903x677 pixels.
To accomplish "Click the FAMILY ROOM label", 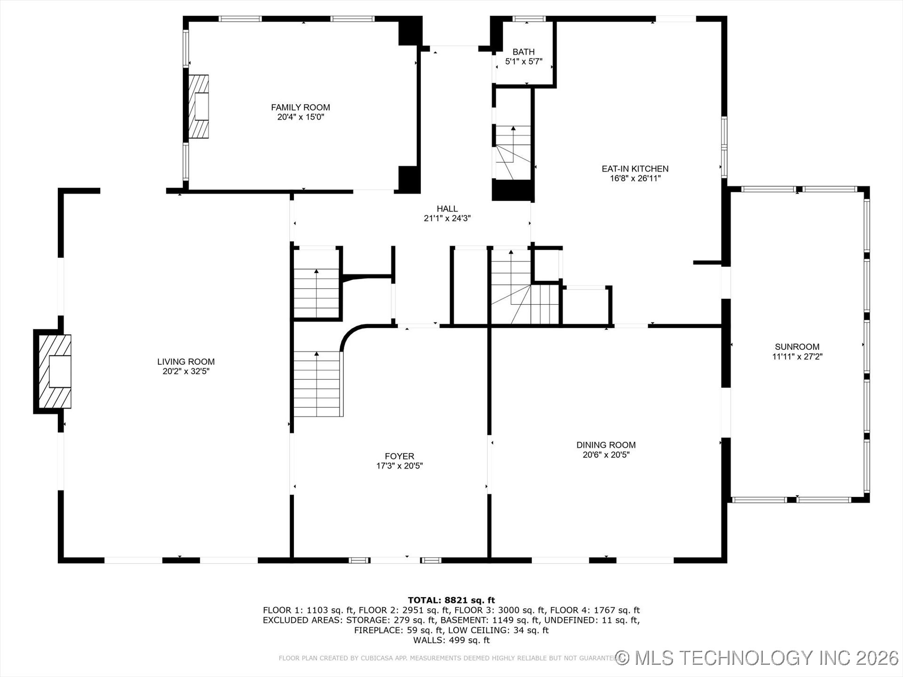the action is coord(301,107).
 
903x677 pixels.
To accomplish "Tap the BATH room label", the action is coord(523,52).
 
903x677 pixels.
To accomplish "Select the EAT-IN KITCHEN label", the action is coord(635,168).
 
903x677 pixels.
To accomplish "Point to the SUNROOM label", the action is coord(797,347).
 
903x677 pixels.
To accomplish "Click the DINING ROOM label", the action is coord(606,445).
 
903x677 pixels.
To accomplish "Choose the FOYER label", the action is coord(399,456).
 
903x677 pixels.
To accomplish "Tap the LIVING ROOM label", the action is coord(186,362).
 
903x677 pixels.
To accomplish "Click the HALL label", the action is coord(447,209).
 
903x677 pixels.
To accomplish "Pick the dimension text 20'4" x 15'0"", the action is coord(301,117).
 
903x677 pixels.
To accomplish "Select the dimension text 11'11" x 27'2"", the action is coord(797,357).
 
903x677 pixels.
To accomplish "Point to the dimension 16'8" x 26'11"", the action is coord(635,178).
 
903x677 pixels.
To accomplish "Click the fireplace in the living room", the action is coord(53,371).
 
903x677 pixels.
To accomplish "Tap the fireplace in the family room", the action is coord(198,107).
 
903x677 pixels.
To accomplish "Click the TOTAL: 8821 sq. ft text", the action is coord(451,600).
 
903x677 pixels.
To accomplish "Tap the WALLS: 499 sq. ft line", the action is coord(451,640).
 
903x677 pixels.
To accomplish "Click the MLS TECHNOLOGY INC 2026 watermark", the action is coord(757,658).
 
